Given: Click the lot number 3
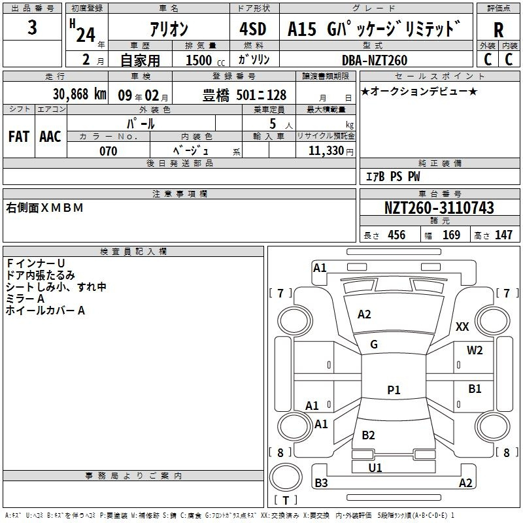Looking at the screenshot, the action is click(33, 28).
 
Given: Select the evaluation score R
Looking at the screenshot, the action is click(499, 29).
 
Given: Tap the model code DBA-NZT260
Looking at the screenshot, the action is click(374, 60).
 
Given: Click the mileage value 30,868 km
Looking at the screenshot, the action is click(79, 94).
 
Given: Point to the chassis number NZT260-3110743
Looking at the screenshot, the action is click(439, 209).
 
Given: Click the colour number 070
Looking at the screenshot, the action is click(108, 151).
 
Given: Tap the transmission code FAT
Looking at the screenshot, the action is click(19, 137).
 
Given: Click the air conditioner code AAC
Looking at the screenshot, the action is click(50, 137).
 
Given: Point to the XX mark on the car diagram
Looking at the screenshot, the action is click(462, 326).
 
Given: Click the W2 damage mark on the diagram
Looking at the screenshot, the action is click(475, 350).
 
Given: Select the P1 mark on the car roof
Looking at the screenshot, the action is click(394, 390).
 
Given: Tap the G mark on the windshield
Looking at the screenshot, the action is click(374, 345).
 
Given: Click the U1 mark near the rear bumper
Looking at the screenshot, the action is click(375, 467).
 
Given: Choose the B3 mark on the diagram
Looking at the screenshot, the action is click(321, 483).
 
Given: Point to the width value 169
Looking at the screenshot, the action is click(452, 235).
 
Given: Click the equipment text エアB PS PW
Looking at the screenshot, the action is click(393, 177).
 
